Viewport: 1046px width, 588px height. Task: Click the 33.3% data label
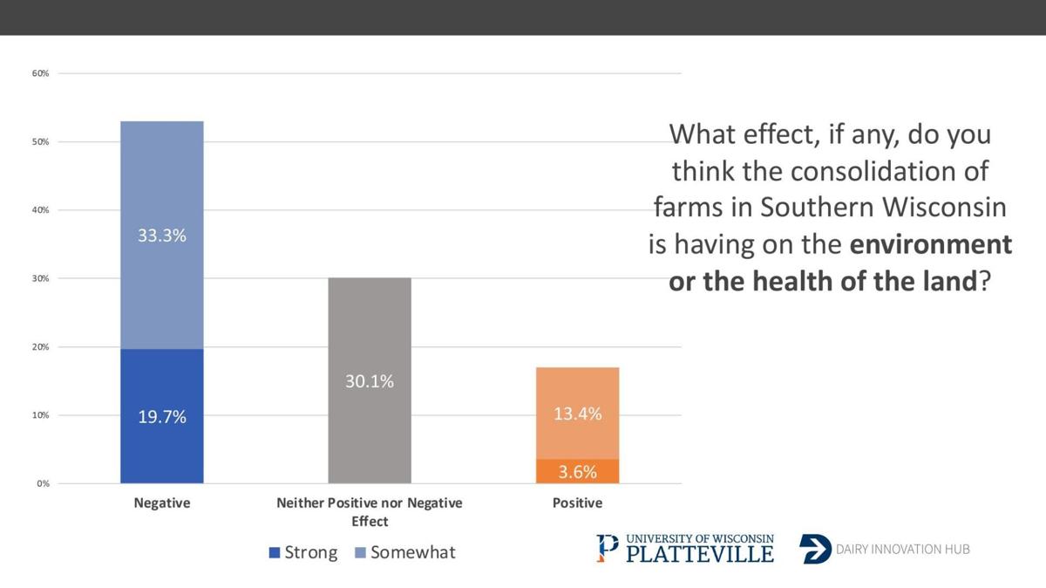coord(161,236)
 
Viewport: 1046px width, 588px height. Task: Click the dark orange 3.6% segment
coord(577,472)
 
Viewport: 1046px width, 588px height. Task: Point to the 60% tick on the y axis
coord(40,73)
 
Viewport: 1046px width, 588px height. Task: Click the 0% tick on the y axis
coord(43,483)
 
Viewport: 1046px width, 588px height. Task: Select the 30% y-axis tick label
coord(40,278)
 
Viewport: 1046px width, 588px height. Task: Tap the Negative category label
coord(161,503)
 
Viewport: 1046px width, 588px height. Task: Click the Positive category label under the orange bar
coord(577,503)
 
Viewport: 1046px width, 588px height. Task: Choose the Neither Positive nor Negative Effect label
coord(369,512)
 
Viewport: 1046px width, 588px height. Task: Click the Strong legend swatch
coord(274,553)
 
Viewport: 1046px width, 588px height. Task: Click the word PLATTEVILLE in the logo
coord(699,554)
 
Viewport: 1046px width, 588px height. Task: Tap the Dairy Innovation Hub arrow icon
coord(814,549)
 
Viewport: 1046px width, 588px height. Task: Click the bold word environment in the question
coord(930,244)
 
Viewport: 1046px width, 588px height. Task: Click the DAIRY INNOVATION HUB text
coord(902,550)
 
